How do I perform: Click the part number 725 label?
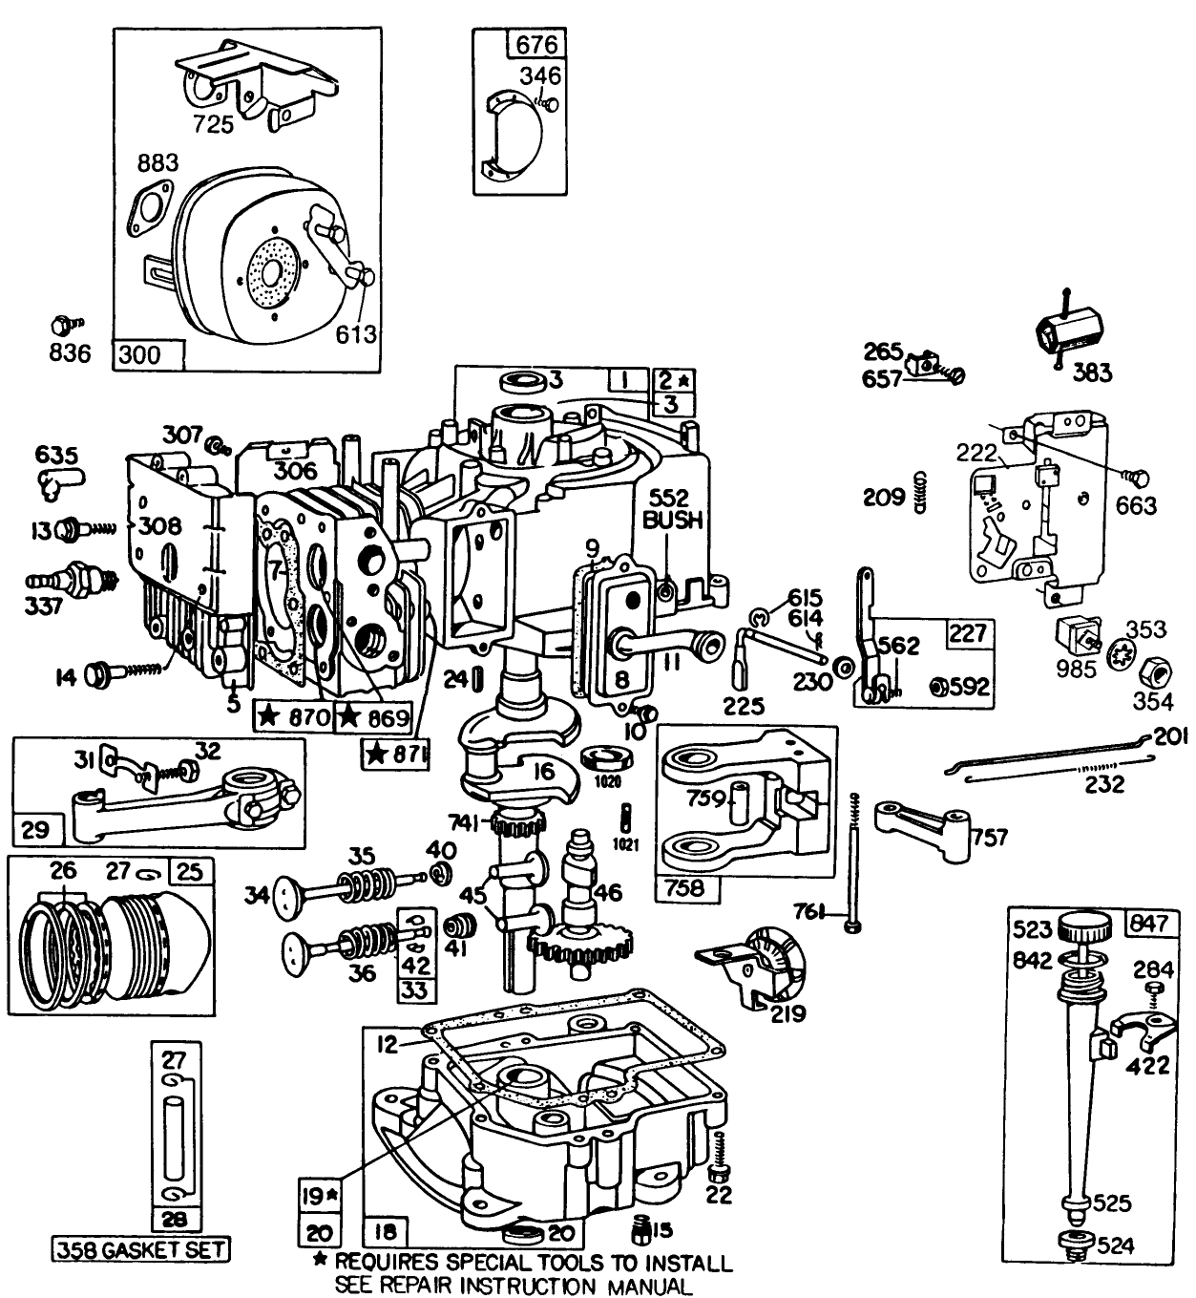coord(212,124)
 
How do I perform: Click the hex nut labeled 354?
coord(1156,673)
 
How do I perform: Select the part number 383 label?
coord(1091,372)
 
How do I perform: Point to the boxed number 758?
coord(684,887)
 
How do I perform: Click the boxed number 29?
coord(35,827)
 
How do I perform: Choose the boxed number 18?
coord(387,1230)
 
